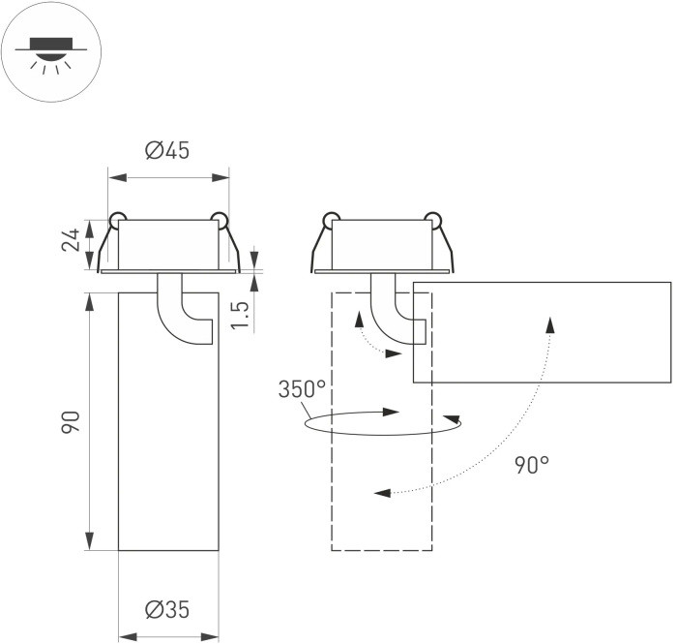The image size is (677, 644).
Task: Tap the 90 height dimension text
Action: (71, 422)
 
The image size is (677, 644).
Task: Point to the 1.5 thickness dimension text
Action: (242, 314)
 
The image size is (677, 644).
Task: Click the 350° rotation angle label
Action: (302, 389)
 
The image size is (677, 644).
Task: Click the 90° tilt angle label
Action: (531, 465)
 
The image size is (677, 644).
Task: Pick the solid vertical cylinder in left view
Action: (166, 436)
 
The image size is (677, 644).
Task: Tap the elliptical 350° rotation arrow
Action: (382, 423)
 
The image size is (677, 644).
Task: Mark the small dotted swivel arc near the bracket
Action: (368, 339)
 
